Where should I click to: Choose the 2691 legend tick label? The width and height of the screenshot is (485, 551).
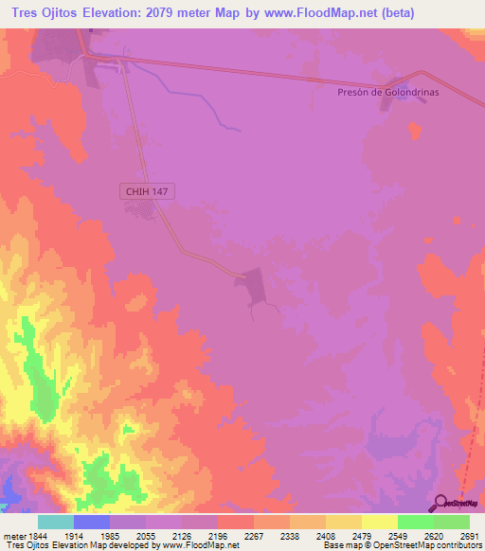(x=470, y=536)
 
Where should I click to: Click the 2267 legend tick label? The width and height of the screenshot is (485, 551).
(x=254, y=536)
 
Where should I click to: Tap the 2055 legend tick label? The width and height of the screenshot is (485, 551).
(x=146, y=536)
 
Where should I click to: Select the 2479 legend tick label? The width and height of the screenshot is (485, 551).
(x=362, y=536)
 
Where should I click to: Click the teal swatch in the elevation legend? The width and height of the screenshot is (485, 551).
(x=56, y=522)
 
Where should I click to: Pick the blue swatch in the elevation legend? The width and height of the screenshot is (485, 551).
(x=92, y=522)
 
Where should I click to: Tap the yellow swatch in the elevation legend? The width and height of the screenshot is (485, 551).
(x=380, y=522)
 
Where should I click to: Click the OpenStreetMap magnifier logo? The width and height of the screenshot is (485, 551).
(x=441, y=503)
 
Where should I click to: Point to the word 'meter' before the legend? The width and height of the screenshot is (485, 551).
(x=11, y=536)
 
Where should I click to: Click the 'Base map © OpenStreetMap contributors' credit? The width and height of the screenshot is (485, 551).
(x=402, y=545)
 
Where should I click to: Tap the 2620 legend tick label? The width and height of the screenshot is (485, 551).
(x=434, y=536)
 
